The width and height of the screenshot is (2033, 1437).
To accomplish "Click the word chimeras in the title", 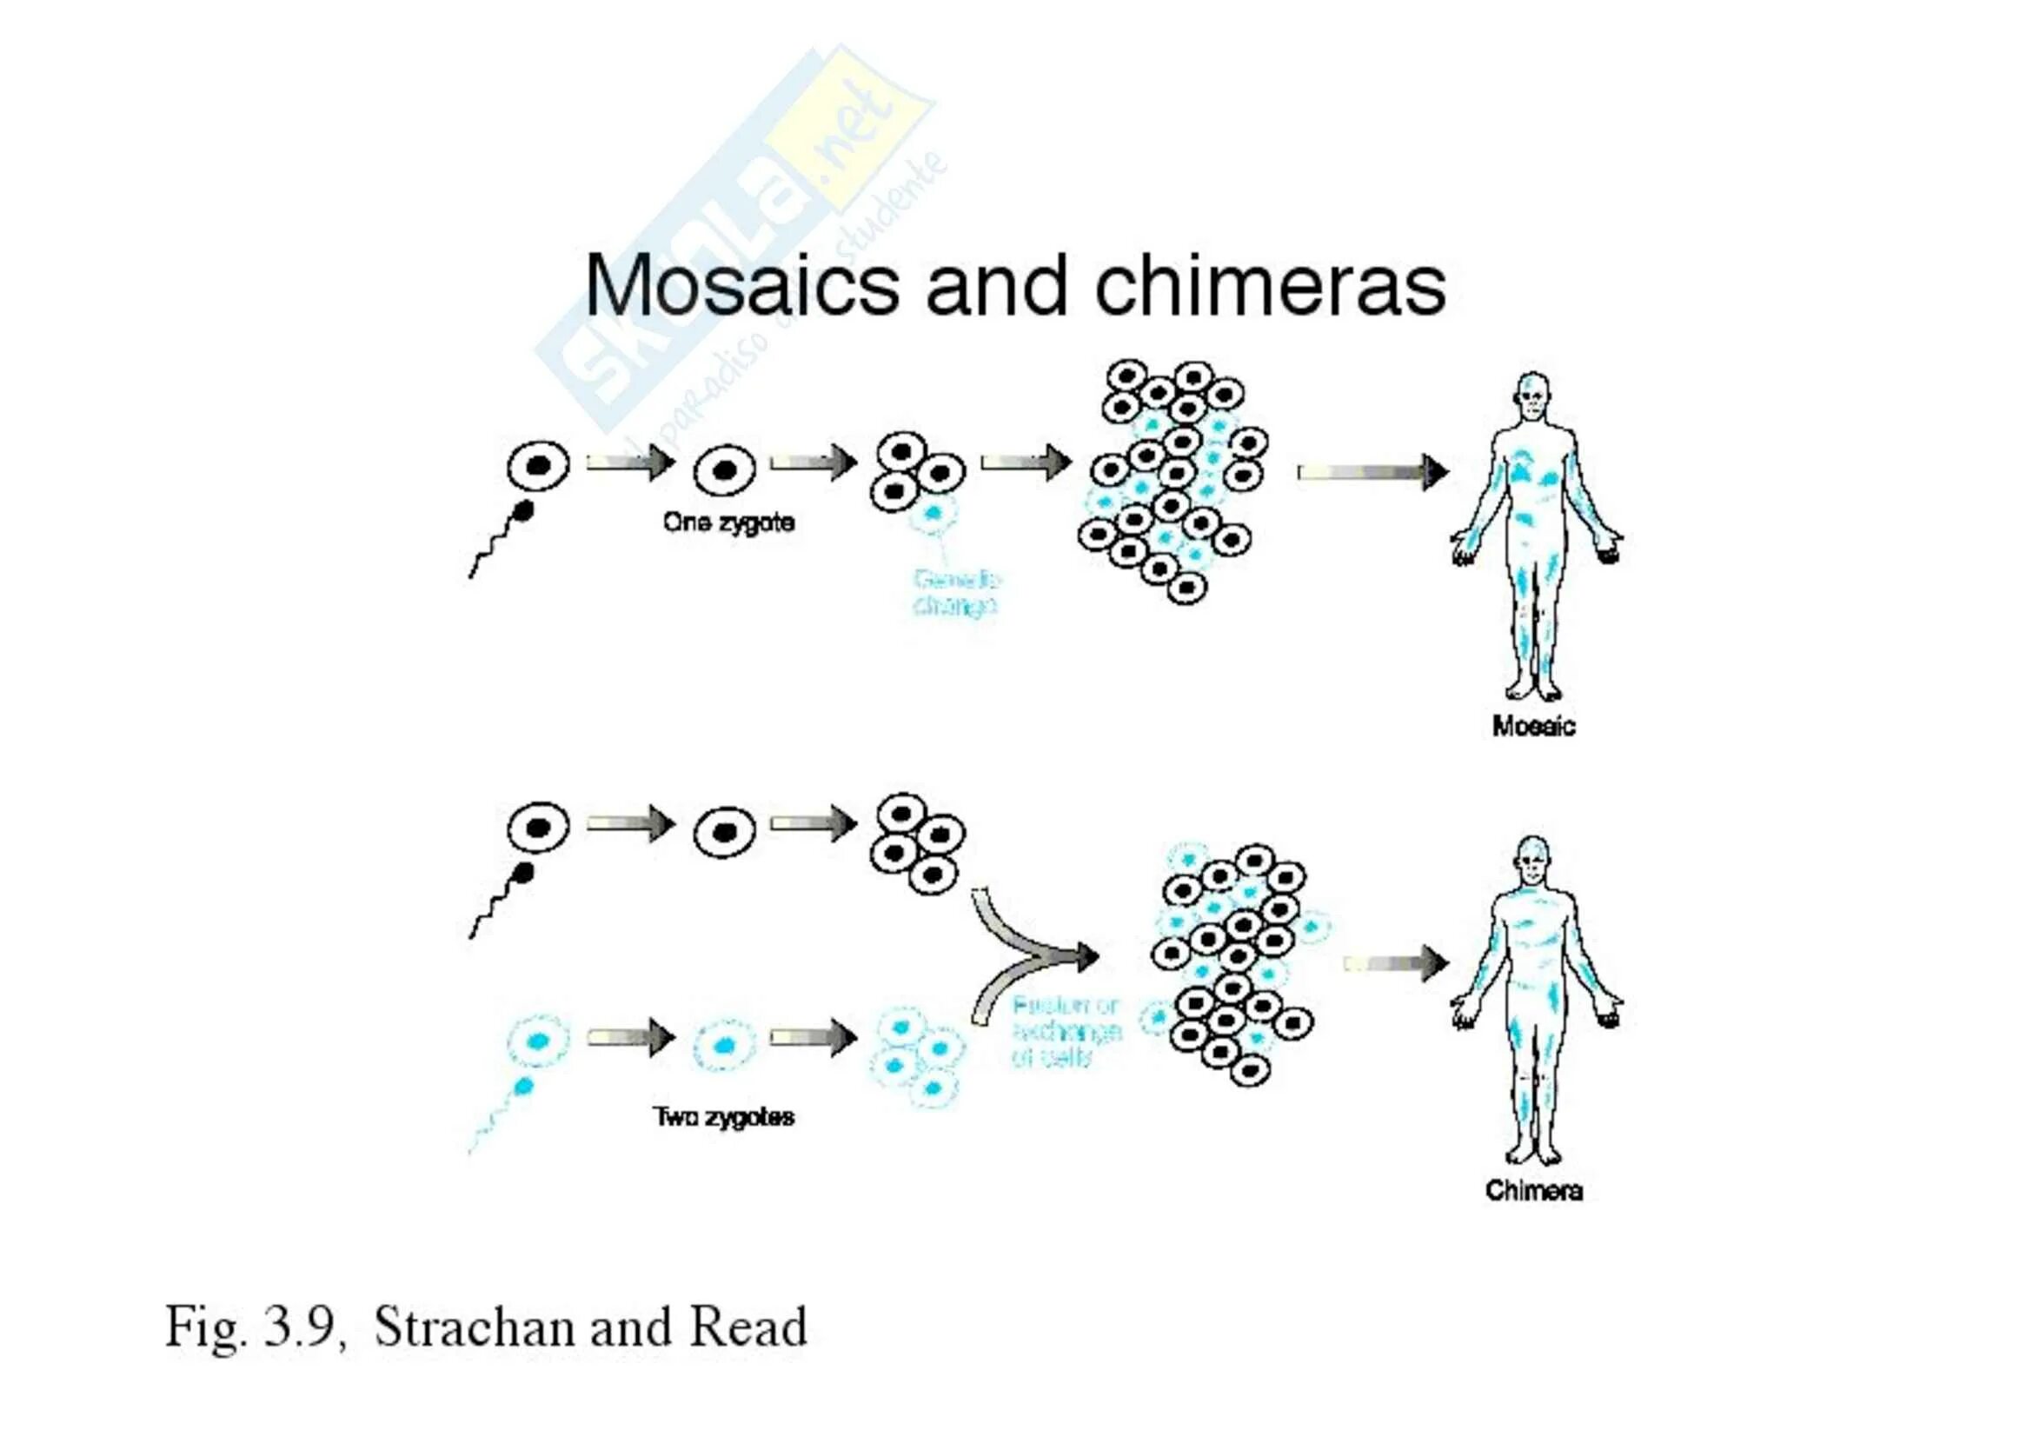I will point(1270,285).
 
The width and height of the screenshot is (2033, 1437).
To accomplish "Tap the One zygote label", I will point(727,522).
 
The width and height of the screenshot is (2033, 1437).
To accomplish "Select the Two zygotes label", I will point(723,1116).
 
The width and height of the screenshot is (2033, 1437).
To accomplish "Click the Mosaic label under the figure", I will point(1532,726).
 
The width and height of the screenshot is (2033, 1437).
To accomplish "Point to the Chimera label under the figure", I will point(1532,1190).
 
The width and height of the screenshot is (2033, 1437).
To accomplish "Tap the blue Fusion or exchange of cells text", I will point(1066,1032).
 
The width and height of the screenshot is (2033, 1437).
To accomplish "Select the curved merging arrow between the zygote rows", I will point(1027,956).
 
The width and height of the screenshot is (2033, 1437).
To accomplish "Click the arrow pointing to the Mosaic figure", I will point(1372,473).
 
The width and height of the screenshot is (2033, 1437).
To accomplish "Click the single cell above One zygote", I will point(724,470).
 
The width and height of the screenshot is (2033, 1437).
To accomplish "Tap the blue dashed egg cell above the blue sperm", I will point(537,1041).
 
